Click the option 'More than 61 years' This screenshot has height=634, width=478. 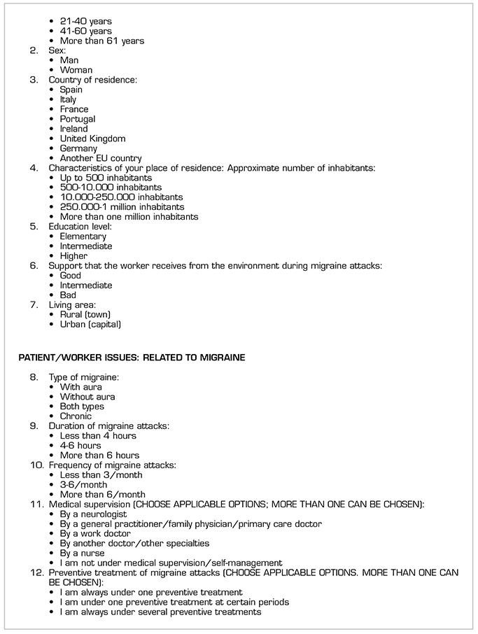(x=101, y=41)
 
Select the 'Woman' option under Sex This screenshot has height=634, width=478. (x=76, y=70)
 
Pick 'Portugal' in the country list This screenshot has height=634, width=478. (x=77, y=119)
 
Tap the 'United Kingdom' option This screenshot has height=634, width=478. (x=92, y=139)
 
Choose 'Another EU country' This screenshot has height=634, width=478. (x=100, y=158)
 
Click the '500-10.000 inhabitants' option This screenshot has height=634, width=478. (x=111, y=188)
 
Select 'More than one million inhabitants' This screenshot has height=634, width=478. (x=129, y=217)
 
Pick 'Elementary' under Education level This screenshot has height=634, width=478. (x=83, y=237)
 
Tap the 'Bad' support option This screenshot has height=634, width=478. (x=68, y=295)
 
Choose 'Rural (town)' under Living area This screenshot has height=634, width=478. (x=85, y=315)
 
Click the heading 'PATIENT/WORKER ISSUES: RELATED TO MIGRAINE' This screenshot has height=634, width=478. (x=132, y=358)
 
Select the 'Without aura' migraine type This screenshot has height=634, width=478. (x=87, y=397)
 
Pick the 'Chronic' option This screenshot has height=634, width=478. (x=76, y=416)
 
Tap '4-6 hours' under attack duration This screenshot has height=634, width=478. (x=80, y=446)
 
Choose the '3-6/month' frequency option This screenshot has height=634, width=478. (x=83, y=485)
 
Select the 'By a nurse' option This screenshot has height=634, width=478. (x=82, y=554)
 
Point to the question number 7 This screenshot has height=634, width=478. (x=34, y=305)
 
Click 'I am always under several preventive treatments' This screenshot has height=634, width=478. (x=160, y=612)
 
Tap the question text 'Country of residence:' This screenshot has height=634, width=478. (x=93, y=80)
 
